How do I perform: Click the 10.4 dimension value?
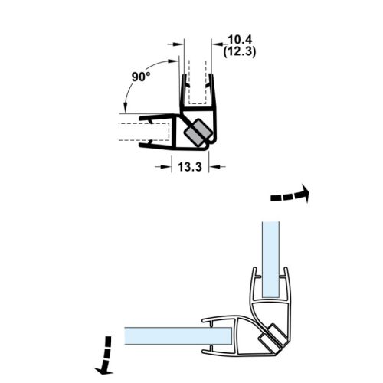point(234,38)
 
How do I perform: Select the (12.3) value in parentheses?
point(234,51)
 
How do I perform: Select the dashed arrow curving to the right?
point(290,195)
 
